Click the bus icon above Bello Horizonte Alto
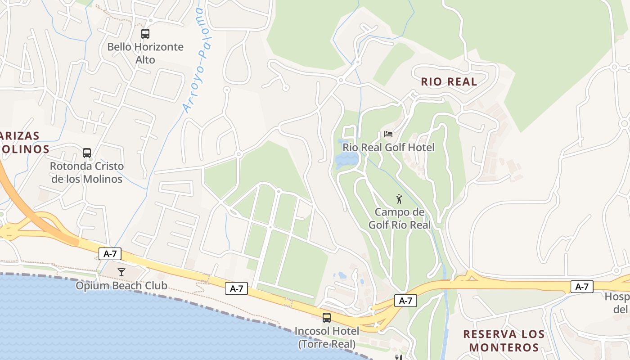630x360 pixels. [145, 33]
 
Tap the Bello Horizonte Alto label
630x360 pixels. [145, 53]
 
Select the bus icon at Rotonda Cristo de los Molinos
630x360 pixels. [87, 153]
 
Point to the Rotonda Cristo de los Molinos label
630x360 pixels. [86, 172]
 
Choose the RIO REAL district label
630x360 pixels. [449, 82]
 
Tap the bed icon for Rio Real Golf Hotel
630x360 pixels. [388, 134]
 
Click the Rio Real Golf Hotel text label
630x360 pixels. [389, 147]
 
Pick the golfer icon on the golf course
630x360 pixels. [399, 198]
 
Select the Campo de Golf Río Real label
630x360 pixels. [400, 218]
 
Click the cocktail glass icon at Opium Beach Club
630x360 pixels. [121, 272]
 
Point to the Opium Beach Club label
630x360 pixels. [121, 285]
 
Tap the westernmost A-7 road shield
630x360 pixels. [110, 254]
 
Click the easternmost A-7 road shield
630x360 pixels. [582, 287]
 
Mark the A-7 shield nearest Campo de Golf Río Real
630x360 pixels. [405, 301]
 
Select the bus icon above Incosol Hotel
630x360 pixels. [327, 318]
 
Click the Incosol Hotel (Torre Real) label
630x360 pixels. [327, 337]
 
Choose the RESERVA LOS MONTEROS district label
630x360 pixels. [504, 341]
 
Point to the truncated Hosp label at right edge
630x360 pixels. [617, 303]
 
